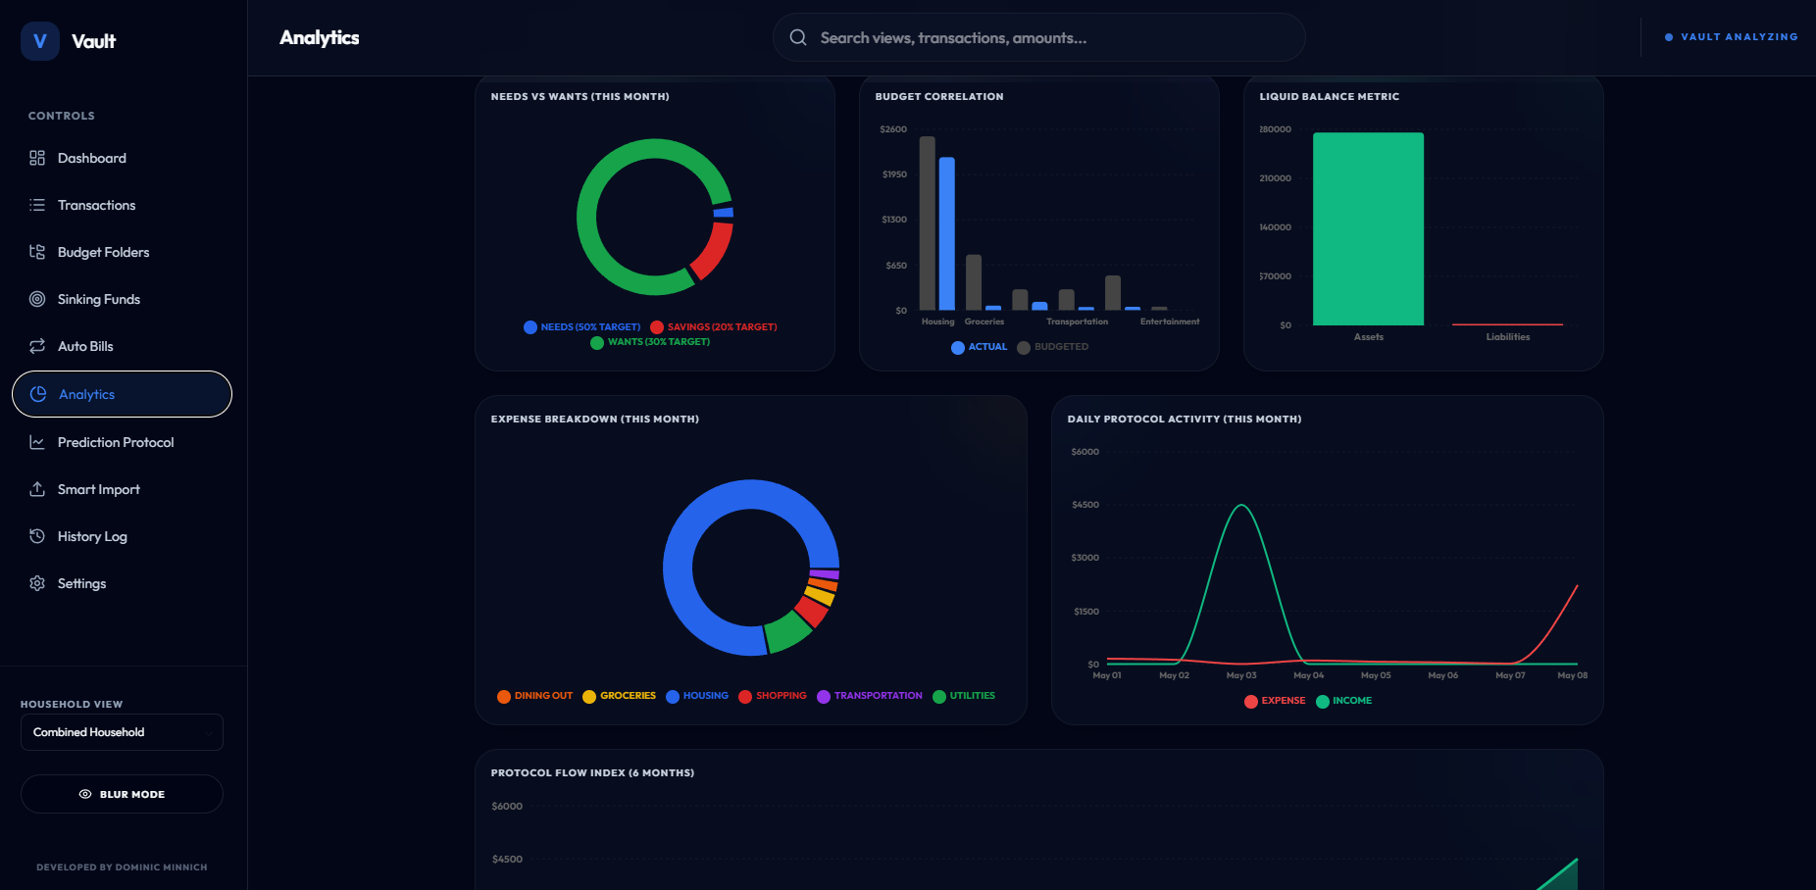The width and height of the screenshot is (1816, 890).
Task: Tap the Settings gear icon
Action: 37,583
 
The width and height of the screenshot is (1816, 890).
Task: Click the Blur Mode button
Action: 122,794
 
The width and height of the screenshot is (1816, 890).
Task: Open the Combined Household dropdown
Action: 122,732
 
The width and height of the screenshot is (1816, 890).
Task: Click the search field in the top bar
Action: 1038,37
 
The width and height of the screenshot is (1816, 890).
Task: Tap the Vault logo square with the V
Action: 40,41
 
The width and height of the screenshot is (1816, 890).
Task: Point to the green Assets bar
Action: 1368,228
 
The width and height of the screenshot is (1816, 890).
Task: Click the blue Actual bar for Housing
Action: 947,233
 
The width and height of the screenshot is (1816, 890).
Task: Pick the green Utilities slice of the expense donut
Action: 787,633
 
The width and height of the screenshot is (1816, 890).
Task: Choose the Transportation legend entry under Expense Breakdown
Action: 870,696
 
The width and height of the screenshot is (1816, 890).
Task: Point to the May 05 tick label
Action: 1376,675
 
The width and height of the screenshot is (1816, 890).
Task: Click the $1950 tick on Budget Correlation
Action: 894,174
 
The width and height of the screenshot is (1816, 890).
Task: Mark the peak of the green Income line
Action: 1241,505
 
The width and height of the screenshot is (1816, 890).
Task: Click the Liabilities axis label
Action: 1507,337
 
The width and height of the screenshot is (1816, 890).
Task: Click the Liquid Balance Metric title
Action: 1330,96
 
